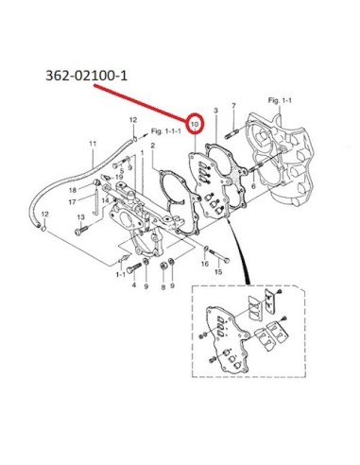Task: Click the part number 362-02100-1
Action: click(87, 76)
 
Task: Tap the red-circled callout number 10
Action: click(195, 124)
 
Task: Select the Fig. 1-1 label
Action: click(280, 100)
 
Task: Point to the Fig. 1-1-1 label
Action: click(166, 130)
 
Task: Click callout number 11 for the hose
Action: click(93, 144)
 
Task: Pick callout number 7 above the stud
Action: click(233, 106)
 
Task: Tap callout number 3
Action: click(215, 111)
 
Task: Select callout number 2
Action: click(153, 146)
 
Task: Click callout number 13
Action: click(81, 217)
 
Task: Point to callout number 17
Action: click(72, 201)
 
